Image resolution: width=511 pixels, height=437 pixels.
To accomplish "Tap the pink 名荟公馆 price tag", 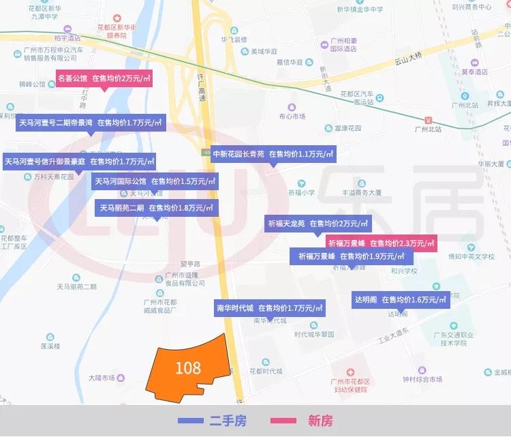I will coord(104,78).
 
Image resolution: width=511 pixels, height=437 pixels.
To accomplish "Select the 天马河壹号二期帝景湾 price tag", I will coord(91,123).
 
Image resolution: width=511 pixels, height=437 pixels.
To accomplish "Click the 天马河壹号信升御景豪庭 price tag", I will coord(79,162).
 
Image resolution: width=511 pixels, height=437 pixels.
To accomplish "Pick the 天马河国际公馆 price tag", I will coord(155,181).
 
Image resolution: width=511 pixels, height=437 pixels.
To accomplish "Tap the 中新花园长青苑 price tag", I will coord(273,155).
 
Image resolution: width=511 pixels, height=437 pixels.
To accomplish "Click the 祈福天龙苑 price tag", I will coord(318,224).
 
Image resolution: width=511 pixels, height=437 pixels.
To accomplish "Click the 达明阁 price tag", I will coord(401,299).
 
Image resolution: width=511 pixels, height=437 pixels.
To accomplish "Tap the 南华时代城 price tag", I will coord(269,308).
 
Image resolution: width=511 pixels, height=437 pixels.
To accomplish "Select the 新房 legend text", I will coord(320,421).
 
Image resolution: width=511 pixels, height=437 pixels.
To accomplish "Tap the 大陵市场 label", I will coord(101,376).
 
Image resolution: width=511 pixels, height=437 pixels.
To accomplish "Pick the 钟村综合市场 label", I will coord(422,379).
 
